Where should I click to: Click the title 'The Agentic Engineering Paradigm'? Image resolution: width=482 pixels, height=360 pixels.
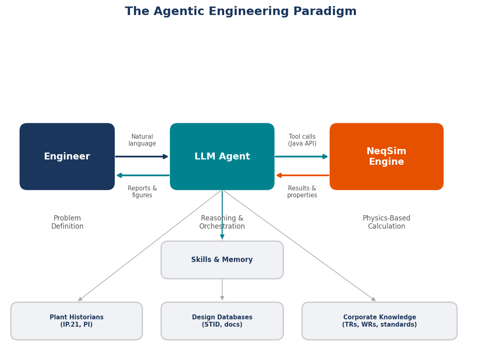pyautogui.click(x=241, y=12)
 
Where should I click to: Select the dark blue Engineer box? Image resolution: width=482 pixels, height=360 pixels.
pyautogui.click(x=67, y=157)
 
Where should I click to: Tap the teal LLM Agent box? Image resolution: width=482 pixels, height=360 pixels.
pyautogui.click(x=222, y=157)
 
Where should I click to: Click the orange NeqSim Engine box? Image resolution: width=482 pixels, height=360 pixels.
pyautogui.click(x=386, y=157)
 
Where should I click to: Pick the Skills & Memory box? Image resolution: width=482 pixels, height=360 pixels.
pyautogui.click(x=222, y=260)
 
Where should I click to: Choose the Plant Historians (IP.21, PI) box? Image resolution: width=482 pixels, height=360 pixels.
pyautogui.click(x=76, y=321)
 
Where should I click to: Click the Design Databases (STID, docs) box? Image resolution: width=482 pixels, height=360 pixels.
pyautogui.click(x=222, y=321)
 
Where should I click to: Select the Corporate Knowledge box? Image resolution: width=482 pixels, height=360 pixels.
pyautogui.click(x=379, y=321)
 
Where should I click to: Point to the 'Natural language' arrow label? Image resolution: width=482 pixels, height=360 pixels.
pyautogui.click(x=142, y=140)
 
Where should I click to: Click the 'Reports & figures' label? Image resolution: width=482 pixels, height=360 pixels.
pyautogui.click(x=142, y=192)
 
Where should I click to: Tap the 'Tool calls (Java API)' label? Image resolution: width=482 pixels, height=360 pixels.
pyautogui.click(x=302, y=140)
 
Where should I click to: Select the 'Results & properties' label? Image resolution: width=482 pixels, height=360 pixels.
pyautogui.click(x=302, y=192)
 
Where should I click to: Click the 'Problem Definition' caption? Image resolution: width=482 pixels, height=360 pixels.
pyautogui.click(x=67, y=223)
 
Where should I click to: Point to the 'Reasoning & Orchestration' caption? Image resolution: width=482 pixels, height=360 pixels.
pyautogui.click(x=222, y=223)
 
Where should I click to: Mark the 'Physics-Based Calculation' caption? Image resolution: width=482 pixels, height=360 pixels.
pyautogui.click(x=386, y=223)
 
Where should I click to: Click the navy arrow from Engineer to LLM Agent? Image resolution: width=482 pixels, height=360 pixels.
pyautogui.click(x=142, y=157)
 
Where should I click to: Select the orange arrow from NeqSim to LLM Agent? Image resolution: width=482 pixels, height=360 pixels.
pyautogui.click(x=302, y=175)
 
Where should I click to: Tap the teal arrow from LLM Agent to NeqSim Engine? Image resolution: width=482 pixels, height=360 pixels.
pyautogui.click(x=301, y=157)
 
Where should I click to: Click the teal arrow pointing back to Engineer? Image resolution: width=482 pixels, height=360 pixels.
pyautogui.click(x=142, y=175)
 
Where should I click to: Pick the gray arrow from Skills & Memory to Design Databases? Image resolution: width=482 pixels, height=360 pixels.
pyautogui.click(x=222, y=290)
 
